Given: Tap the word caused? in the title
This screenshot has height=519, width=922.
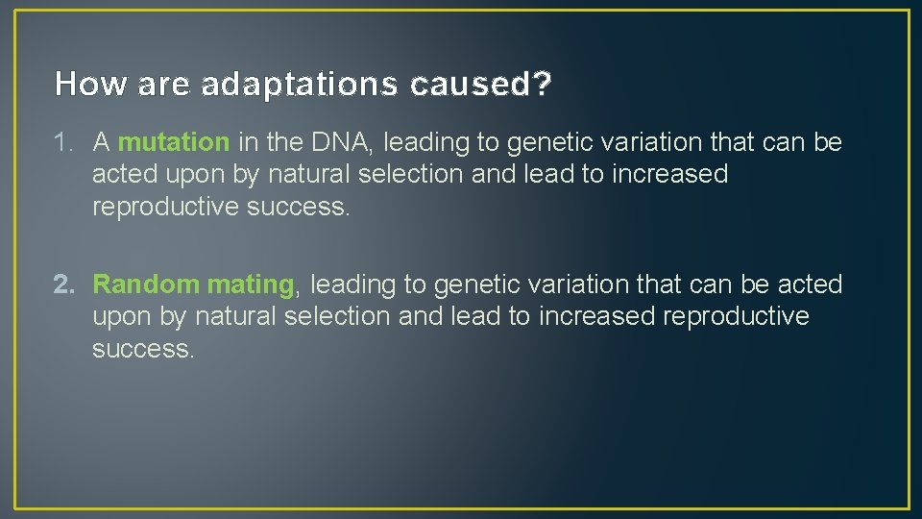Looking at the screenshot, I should coord(481,86).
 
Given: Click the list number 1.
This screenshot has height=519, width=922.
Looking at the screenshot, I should coord(63,143).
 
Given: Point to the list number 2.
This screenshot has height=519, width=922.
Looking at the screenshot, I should coord(63,284).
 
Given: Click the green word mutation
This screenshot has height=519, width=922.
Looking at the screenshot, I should coord(173,143).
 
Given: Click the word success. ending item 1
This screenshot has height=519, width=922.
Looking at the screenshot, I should coord(299,207).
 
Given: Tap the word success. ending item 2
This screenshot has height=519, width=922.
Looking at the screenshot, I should coord(143,348).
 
